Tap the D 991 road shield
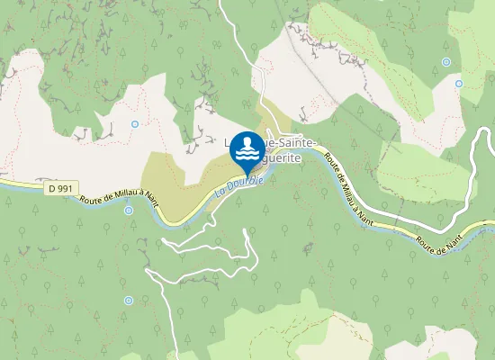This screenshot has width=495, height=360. [60, 188]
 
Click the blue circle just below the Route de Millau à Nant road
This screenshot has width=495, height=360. [129, 211]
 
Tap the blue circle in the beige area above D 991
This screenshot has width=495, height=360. [135, 123]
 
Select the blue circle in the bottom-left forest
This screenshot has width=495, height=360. [128, 300]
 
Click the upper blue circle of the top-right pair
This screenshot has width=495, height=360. [446, 62]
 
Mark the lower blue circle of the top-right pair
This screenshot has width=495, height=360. [458, 84]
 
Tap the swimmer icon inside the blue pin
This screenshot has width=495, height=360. [247, 148]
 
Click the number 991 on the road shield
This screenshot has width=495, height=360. [65, 188]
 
